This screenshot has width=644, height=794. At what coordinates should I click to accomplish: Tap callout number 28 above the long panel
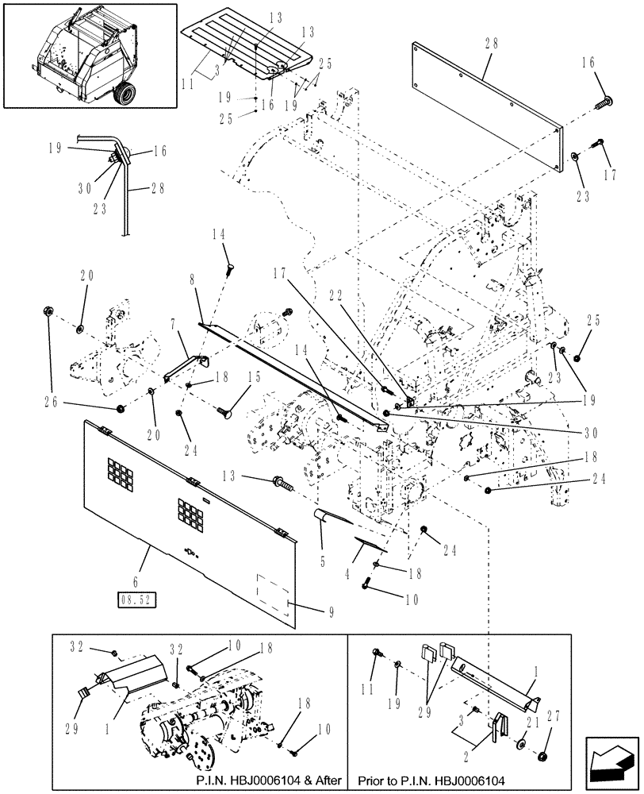coord(490,44)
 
